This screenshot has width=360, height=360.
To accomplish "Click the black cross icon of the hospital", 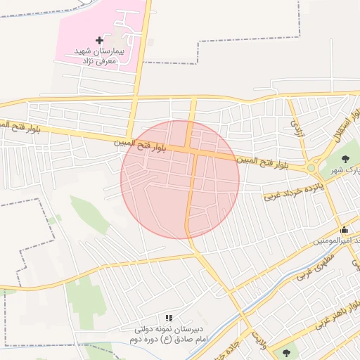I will [99, 41].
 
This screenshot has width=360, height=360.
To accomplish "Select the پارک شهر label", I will [345, 171].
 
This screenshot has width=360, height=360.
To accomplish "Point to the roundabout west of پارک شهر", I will [310, 167].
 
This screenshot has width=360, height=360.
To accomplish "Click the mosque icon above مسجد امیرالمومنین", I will [343, 230].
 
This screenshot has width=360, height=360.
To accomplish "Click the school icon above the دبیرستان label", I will [168, 319].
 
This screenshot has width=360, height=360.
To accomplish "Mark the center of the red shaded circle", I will [180, 179].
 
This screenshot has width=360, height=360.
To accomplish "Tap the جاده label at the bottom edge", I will [232, 349].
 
